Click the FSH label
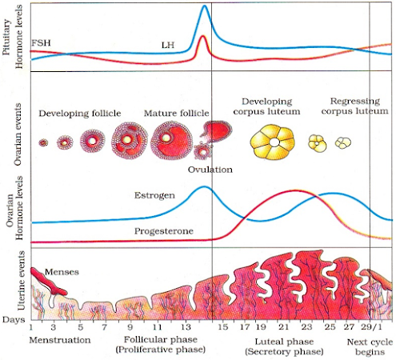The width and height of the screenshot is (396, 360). pyautogui.click(x=41, y=42)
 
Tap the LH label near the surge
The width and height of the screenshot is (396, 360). pyautogui.click(x=168, y=45)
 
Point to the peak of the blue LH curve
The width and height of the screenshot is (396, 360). pyautogui.click(x=205, y=6)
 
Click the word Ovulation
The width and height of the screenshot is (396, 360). pyautogui.click(x=210, y=170)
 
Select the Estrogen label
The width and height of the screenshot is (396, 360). pyautogui.click(x=154, y=195)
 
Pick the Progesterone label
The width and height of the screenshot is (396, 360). pyautogui.click(x=164, y=231)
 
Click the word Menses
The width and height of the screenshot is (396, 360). pyautogui.click(x=62, y=272)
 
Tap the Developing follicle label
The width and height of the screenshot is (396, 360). pyautogui.click(x=80, y=114)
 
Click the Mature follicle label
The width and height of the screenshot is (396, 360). pyautogui.click(x=177, y=114)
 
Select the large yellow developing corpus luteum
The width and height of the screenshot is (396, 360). pyautogui.click(x=273, y=142)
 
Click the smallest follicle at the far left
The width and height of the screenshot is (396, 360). pyautogui.click(x=43, y=143)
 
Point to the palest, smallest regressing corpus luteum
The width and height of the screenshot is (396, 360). pyautogui.click(x=343, y=142)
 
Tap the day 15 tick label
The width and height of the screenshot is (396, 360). pyautogui.click(x=222, y=327)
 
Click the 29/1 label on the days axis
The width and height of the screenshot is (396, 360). pyautogui.click(x=371, y=327)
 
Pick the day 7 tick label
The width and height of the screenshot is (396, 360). pyautogui.click(x=104, y=327)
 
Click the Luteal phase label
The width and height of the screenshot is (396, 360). pyautogui.click(x=284, y=342)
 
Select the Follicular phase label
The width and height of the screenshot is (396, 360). pyautogui.click(x=161, y=340)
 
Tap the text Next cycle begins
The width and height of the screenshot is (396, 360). pyautogui.click(x=370, y=347)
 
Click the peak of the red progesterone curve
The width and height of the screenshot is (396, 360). pyautogui.click(x=294, y=190)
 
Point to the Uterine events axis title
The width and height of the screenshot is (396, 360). pyautogui.click(x=21, y=281)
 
